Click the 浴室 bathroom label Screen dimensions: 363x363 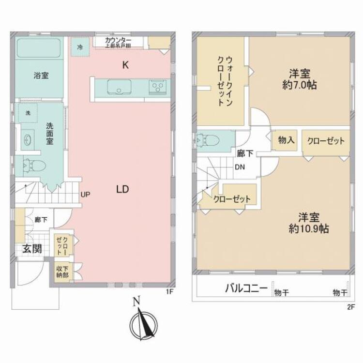41,76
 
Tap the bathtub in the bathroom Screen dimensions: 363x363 39,48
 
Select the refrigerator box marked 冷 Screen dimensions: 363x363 80,47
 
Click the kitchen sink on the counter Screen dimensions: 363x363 118,88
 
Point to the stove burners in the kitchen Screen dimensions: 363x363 158,87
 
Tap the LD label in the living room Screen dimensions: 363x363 121,189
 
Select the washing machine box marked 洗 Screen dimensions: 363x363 28,113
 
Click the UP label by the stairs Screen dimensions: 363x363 85,195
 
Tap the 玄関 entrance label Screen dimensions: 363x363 31,249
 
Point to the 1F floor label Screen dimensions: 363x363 169,292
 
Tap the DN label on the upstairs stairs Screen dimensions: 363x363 240,167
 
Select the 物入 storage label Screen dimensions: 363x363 286,140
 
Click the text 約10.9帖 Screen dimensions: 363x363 309,229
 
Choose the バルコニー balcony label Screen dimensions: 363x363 246,289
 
